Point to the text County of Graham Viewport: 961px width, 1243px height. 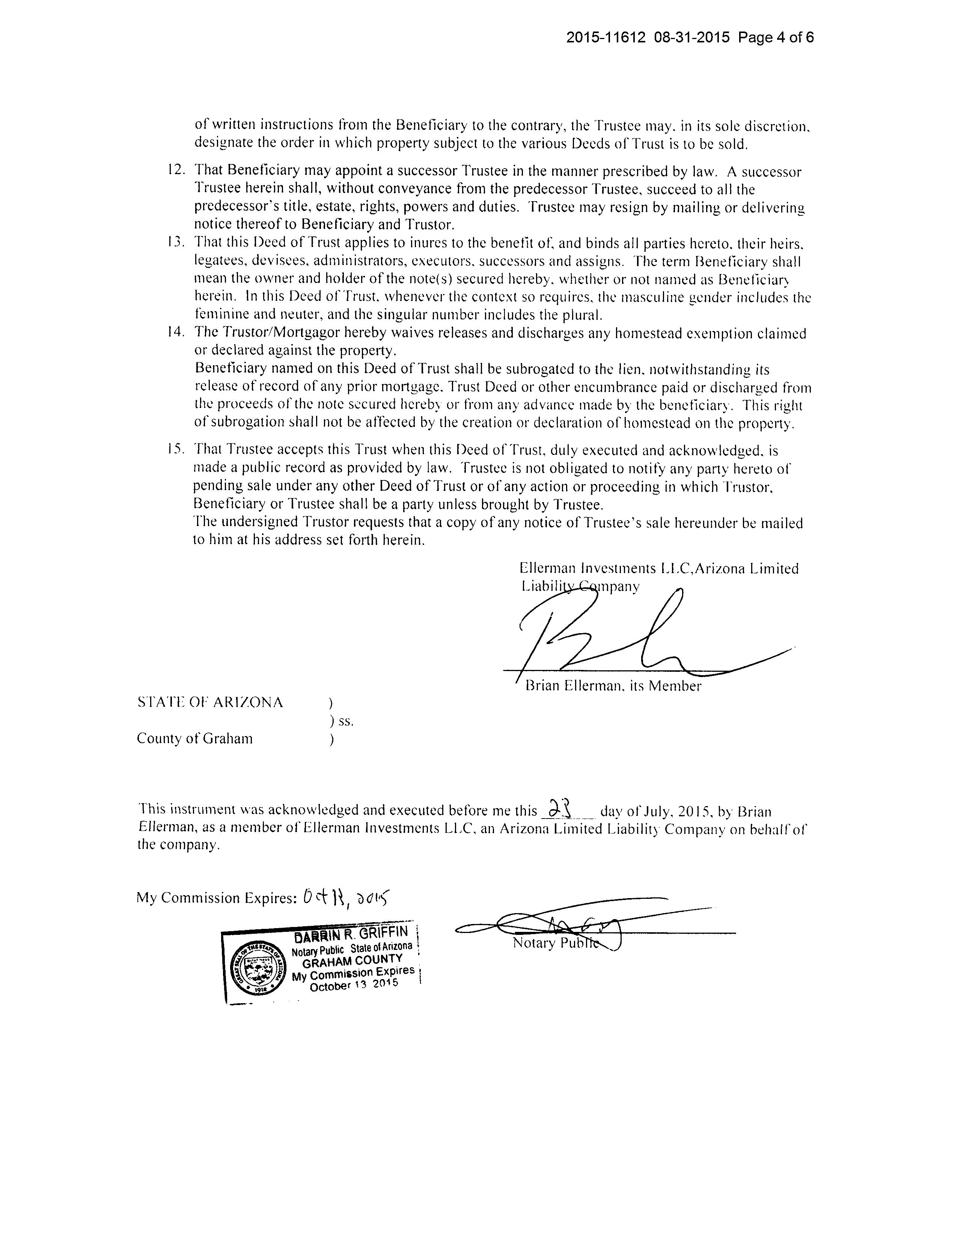(x=195, y=739)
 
